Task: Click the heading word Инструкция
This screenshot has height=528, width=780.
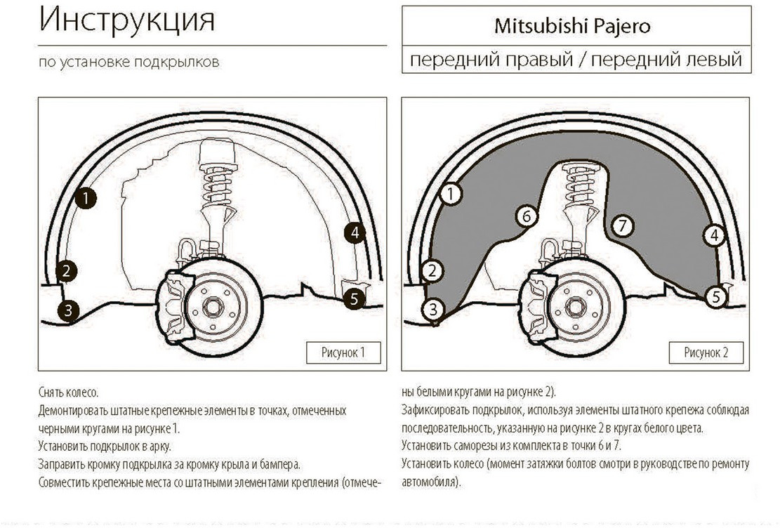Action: coord(127,21)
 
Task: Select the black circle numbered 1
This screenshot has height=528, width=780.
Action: coord(86,198)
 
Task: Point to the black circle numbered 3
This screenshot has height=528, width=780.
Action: coord(67,310)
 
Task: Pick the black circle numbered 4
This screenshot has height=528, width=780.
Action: coord(355,233)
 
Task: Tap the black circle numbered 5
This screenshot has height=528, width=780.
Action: coord(355,298)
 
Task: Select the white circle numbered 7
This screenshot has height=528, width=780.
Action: coord(622,226)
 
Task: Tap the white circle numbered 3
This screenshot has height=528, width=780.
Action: coord(434,308)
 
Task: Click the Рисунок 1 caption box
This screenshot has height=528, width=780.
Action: coord(343,352)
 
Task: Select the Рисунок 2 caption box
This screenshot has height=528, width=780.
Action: coord(706,352)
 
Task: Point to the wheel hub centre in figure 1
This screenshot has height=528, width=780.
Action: coord(213,306)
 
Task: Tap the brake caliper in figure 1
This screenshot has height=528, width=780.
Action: coord(175,305)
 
